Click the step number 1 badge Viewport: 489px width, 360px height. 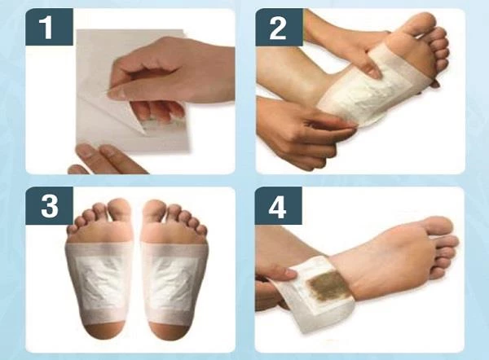[49, 27]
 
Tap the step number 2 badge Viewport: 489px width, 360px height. [279, 27]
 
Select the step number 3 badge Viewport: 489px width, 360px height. [49, 206]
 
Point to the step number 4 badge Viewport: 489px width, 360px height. [279, 206]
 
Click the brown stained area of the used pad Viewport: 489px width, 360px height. [328, 286]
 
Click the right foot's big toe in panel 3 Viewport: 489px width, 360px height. [155, 211]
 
